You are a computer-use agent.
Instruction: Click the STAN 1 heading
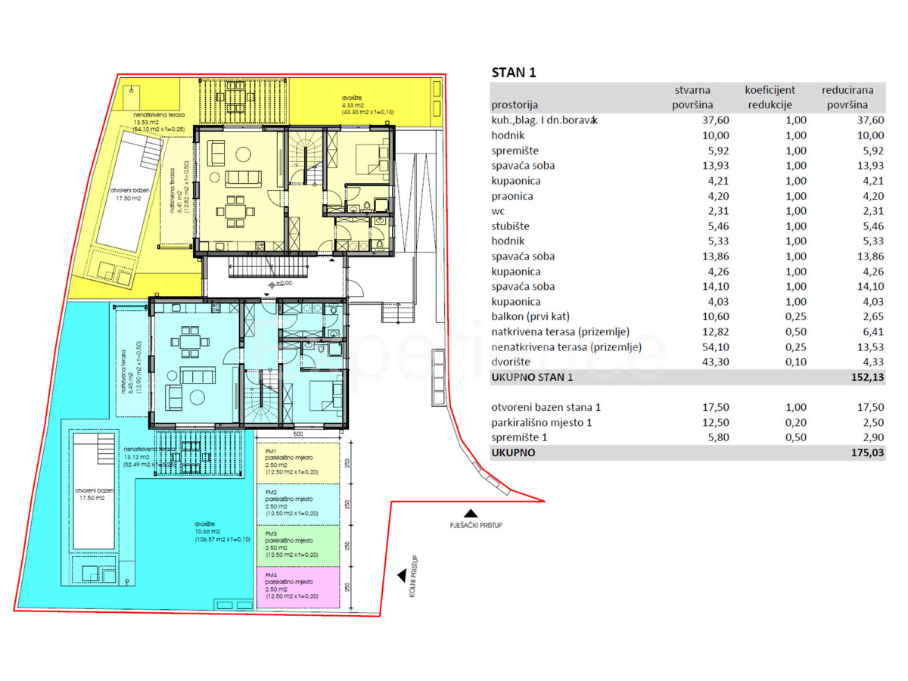(x=514, y=73)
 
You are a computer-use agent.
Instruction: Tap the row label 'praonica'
(x=512, y=196)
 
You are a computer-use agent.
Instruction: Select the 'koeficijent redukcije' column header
(x=770, y=98)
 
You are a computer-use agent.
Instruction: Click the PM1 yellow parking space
(x=298, y=463)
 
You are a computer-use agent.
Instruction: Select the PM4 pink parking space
(x=298, y=588)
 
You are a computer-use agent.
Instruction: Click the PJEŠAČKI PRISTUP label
(x=474, y=524)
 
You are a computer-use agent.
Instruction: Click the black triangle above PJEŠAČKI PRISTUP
(x=471, y=513)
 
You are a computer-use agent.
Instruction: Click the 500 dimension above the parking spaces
(x=298, y=434)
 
